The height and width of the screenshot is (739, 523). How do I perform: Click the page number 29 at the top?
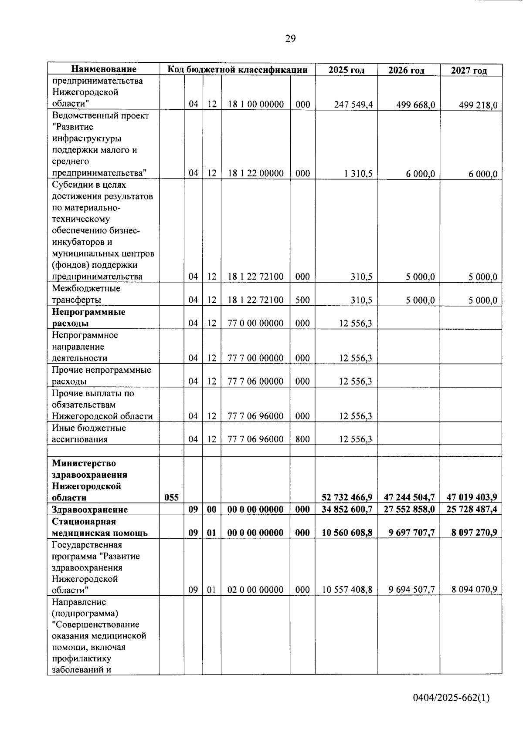290,39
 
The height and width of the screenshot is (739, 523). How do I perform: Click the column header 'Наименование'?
104,69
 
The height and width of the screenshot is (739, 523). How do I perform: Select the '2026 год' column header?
406,70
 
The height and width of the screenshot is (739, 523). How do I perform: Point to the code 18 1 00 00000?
255,105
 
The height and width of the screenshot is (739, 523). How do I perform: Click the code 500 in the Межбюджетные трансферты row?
302,300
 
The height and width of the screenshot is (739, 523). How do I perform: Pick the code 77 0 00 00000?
255,323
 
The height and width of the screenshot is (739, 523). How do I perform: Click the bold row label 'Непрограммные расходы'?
88,317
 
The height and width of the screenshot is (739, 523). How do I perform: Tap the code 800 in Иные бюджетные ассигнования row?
302,439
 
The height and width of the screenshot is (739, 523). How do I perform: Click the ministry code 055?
171,497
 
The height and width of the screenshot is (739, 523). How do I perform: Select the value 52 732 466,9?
347,497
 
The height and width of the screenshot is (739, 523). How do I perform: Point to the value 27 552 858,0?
409,509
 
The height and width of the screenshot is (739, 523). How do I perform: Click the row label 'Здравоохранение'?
90,510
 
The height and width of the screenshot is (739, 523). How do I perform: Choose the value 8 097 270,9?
472,533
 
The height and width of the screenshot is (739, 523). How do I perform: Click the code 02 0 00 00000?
255,590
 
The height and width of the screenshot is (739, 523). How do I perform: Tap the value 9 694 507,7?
411,590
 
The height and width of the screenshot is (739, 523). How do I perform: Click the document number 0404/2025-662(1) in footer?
451,698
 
